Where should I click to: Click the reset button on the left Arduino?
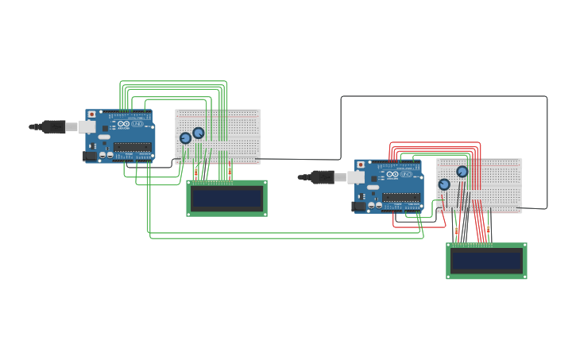pyautogui.click(x=91, y=114)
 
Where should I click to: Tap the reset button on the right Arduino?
pyautogui.click(x=361, y=165)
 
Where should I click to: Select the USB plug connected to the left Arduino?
pyautogui.click(x=54, y=126)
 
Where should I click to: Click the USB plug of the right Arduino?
pyautogui.click(x=323, y=176)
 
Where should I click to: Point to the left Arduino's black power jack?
pyautogui.click(x=90, y=156)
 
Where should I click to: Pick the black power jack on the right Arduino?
pyautogui.click(x=359, y=206)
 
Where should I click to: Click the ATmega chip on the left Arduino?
pyautogui.click(x=132, y=146)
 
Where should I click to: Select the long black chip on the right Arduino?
pyautogui.click(x=400, y=196)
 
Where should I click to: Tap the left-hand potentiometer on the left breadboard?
pyautogui.click(x=185, y=137)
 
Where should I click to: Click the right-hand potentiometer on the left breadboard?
pyautogui.click(x=199, y=133)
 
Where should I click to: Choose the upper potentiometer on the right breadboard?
pyautogui.click(x=462, y=171)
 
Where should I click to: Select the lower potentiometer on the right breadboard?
pyautogui.click(x=444, y=184)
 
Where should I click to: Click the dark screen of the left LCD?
pyautogui.click(x=226, y=198)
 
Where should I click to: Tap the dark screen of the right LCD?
pyautogui.click(x=486, y=261)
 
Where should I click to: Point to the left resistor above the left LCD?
pyautogui.click(x=196, y=172)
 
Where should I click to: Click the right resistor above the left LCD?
pyautogui.click(x=230, y=171)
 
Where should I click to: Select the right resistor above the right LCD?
pyautogui.click(x=489, y=229)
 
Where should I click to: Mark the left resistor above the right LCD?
pyautogui.click(x=456, y=230)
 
